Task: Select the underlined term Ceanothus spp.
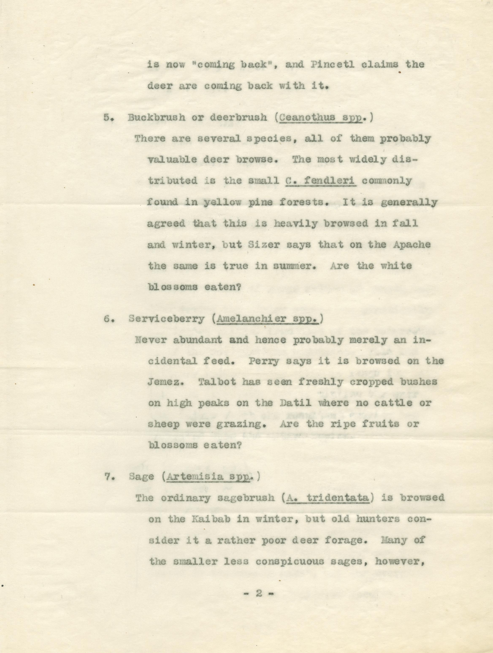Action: click(321, 118)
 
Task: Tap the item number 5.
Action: click(107, 118)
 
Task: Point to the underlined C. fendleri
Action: click(321, 181)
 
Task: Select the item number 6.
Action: click(108, 319)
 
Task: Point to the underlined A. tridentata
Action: click(326, 499)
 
